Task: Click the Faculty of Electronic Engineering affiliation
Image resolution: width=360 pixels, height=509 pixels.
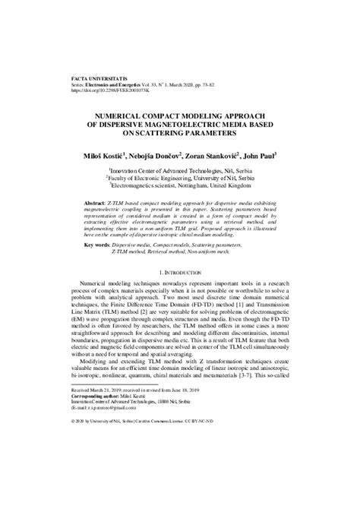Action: coord(179,179)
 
